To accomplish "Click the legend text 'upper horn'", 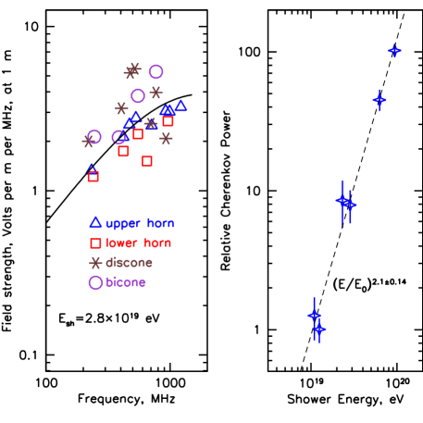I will [x=140, y=223].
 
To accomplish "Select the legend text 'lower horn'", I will [x=139, y=243].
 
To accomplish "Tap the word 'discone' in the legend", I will [x=130, y=263].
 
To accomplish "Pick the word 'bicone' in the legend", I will [x=126, y=282].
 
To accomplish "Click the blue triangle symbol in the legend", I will [x=95, y=222].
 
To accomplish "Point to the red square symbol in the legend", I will [x=95, y=243].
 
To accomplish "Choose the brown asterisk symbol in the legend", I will [x=95, y=263].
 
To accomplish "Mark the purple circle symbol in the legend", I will [x=95, y=282].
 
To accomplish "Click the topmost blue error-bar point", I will [x=394, y=51].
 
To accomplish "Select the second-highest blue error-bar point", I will [x=379, y=99].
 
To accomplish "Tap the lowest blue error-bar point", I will [x=319, y=329].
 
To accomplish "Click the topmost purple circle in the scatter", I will [x=156, y=72].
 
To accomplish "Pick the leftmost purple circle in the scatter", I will [x=93, y=137].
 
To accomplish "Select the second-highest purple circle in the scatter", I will [x=138, y=95].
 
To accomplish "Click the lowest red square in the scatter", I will [x=93, y=177].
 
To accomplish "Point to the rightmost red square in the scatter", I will [x=168, y=121].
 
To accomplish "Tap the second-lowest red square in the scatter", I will [x=147, y=161].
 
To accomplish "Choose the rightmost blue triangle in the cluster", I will [x=180, y=106].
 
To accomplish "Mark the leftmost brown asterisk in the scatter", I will [x=89, y=142].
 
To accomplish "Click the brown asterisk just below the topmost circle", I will [x=156, y=93].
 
